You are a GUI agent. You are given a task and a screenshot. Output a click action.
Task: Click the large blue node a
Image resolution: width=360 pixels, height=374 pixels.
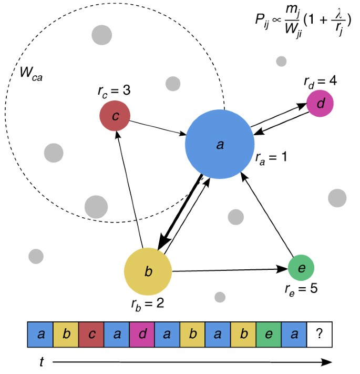(x=220, y=144)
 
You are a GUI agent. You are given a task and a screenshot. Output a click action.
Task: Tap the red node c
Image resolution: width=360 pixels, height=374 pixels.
(x=115, y=116)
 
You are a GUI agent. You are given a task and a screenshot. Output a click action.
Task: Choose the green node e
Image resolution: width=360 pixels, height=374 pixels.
(x=301, y=268)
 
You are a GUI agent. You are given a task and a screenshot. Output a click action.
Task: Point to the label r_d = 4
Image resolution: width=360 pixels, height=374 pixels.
(x=320, y=81)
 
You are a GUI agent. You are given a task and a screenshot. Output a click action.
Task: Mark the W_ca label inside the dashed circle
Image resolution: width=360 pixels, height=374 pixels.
(x=31, y=73)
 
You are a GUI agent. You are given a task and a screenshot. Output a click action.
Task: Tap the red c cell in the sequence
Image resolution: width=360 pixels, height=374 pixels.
(x=91, y=333)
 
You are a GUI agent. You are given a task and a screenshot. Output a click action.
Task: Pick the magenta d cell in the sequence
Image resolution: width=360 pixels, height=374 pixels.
(x=142, y=333)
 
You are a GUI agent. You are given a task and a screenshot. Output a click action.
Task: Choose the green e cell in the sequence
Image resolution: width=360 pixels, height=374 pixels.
(x=269, y=333)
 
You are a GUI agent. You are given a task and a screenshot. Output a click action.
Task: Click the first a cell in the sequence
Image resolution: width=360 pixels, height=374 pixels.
(x=40, y=333)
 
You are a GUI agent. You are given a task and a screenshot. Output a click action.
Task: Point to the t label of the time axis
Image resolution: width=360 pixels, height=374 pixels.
(x=41, y=361)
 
